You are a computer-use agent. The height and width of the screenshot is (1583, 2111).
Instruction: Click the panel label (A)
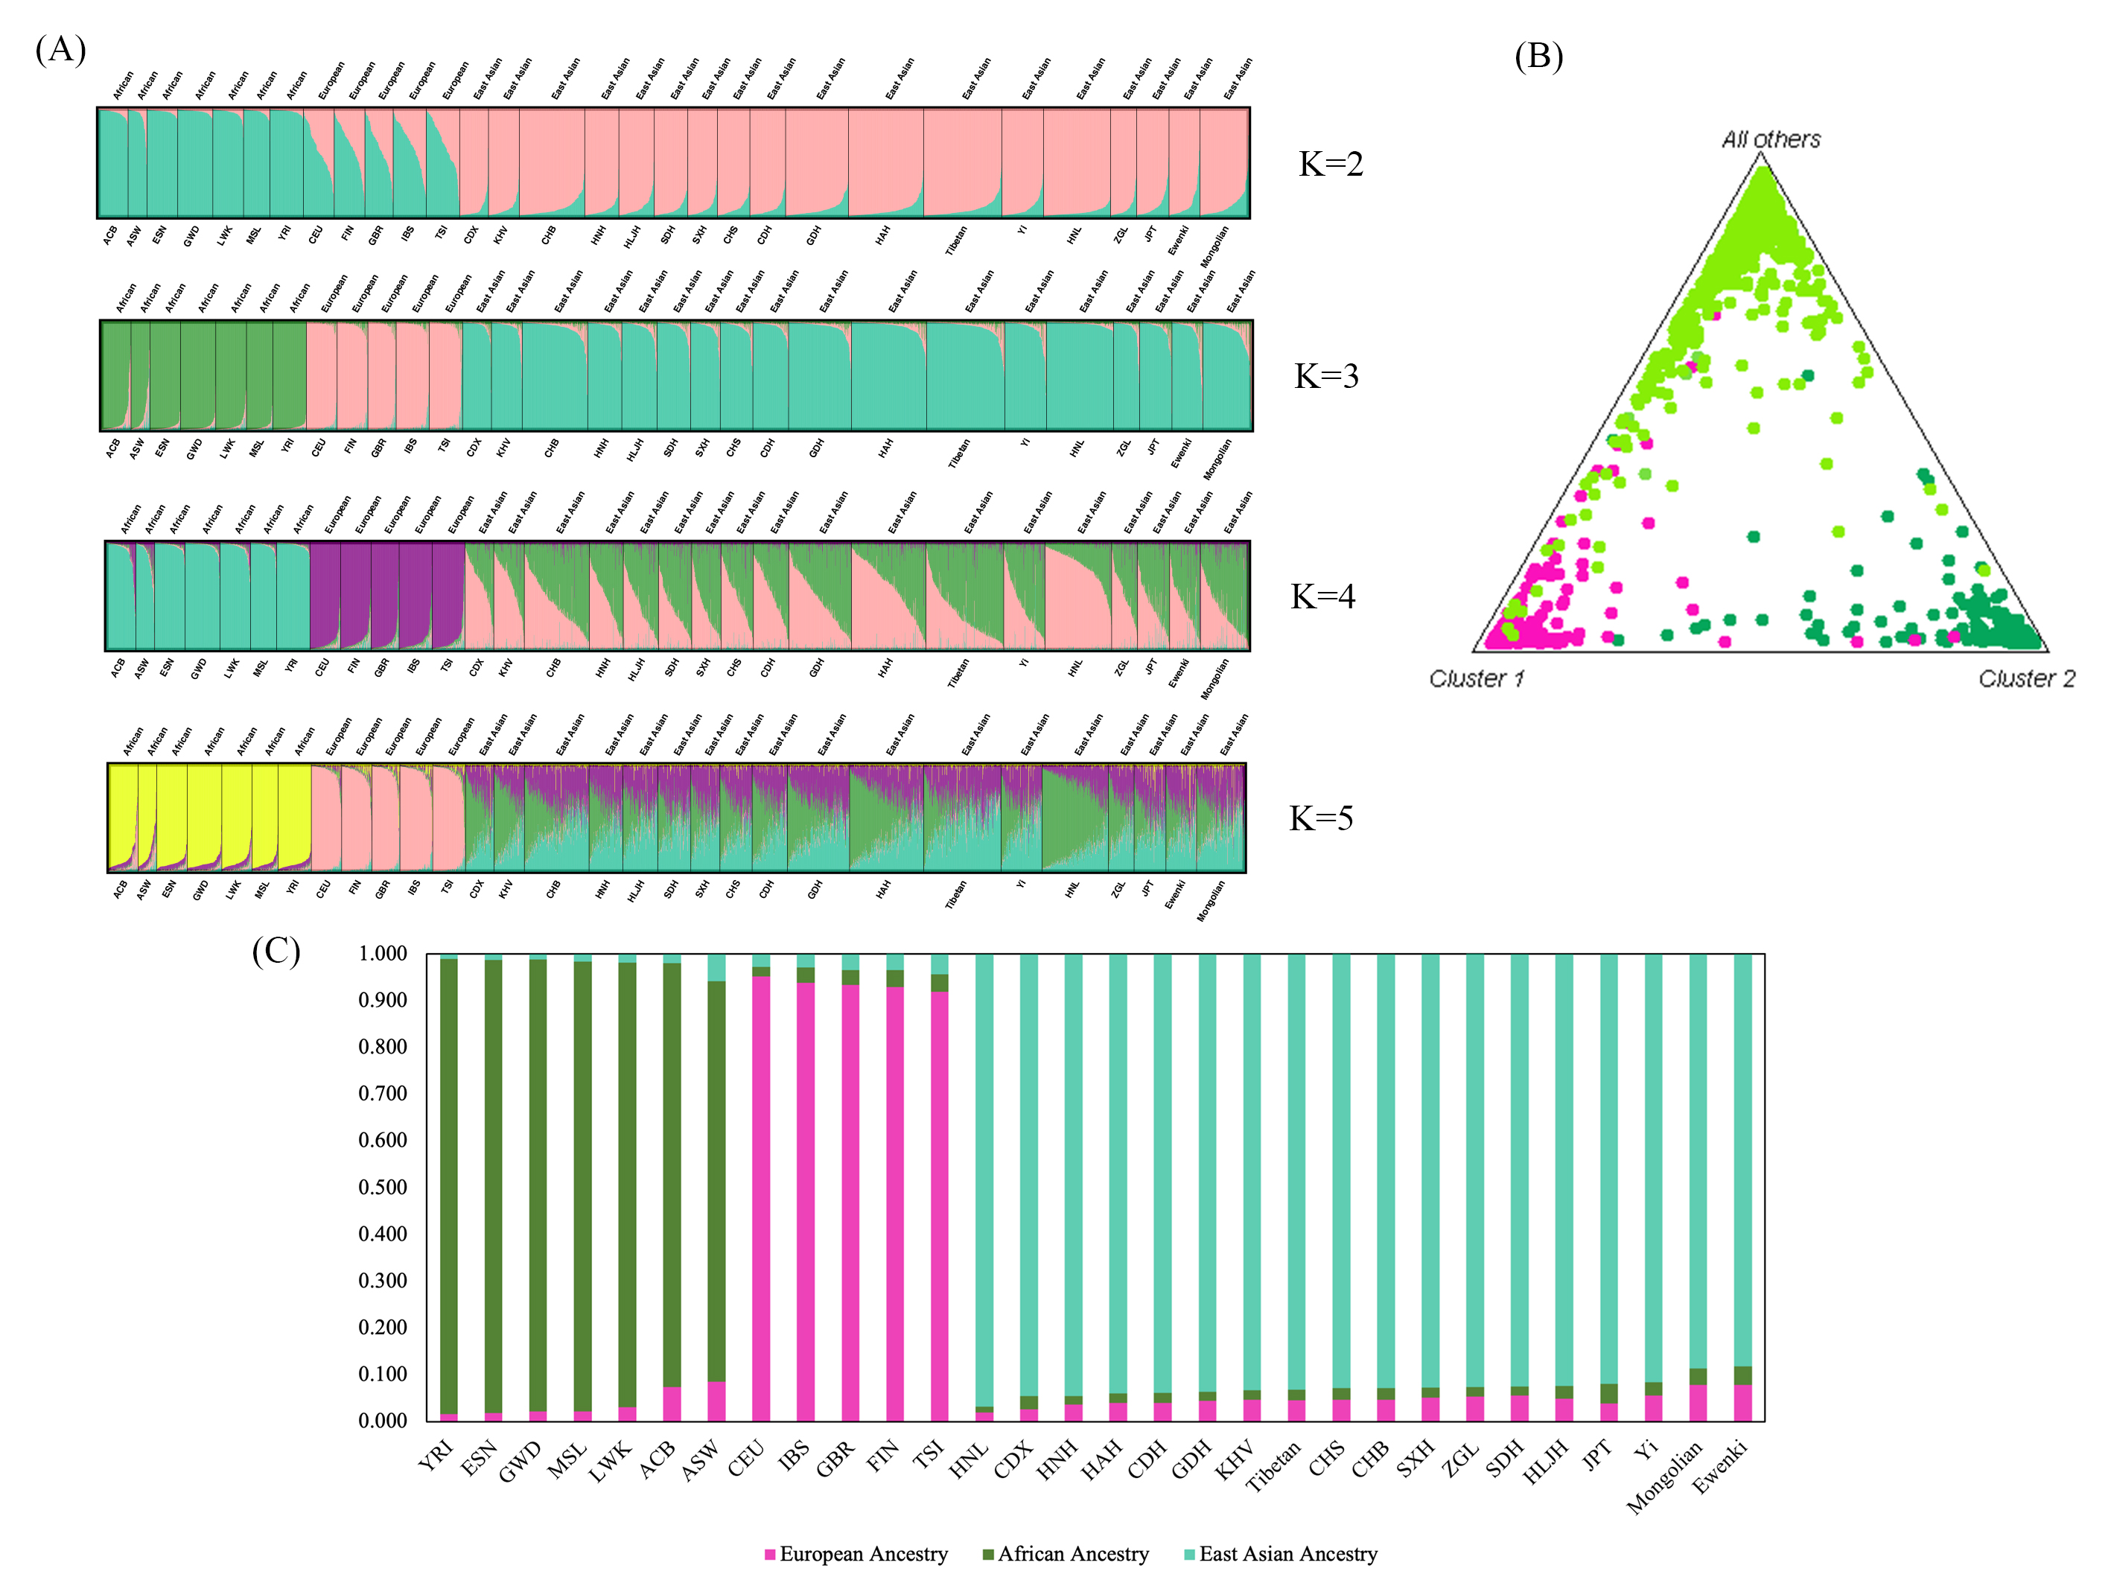click(60, 48)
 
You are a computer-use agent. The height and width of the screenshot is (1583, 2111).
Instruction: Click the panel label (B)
click(1538, 57)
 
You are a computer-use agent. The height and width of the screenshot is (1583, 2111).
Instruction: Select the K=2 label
click(1331, 164)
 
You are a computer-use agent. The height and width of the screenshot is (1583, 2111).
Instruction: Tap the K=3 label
click(1325, 376)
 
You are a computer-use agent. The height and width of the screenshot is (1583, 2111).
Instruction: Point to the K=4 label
click(1322, 596)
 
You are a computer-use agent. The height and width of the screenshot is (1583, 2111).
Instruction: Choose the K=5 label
click(1321, 818)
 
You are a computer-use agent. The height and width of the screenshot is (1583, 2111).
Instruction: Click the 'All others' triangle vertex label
click(1770, 139)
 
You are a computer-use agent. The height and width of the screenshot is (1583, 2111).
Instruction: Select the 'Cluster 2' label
click(2026, 678)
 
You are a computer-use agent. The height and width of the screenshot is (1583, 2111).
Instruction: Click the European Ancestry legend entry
click(856, 1553)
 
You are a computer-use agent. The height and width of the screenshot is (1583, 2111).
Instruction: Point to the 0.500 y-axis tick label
click(383, 1187)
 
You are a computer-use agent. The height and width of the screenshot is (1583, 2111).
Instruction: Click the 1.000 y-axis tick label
click(383, 953)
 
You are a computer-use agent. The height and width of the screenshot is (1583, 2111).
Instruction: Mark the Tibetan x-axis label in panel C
click(1274, 1467)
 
